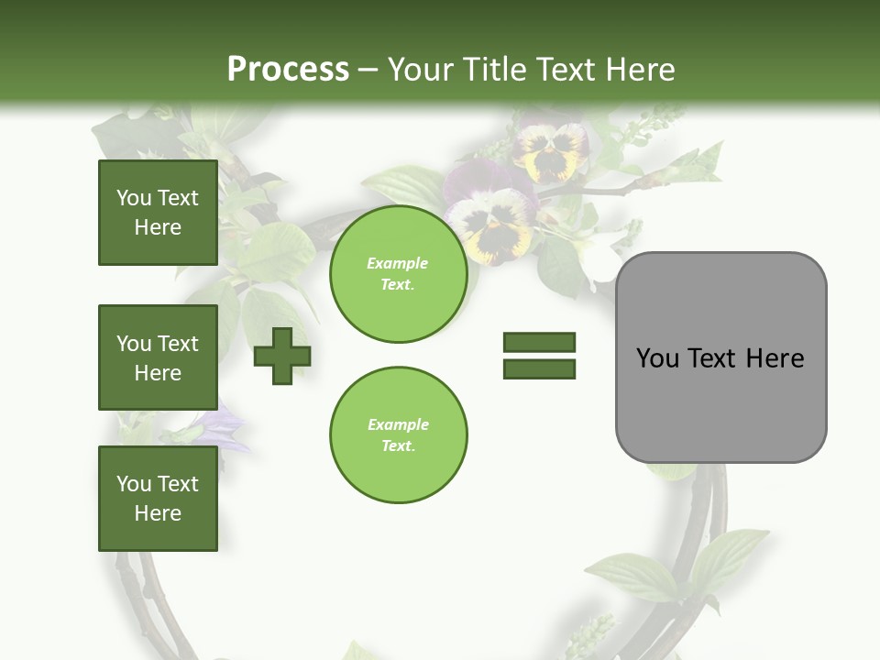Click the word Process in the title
tap(288, 70)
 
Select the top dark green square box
tap(158, 213)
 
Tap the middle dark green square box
tap(158, 357)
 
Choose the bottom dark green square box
tap(158, 499)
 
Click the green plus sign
tap(281, 357)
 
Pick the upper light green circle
tap(398, 274)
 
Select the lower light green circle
tap(398, 435)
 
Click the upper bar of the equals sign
tap(539, 342)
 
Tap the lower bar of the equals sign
tap(539, 369)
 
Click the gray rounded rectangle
tap(720, 357)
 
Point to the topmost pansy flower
tap(551, 151)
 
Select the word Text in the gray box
tap(714, 357)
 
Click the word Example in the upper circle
tap(398, 263)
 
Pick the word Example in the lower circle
tap(398, 424)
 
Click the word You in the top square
tap(133, 198)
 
